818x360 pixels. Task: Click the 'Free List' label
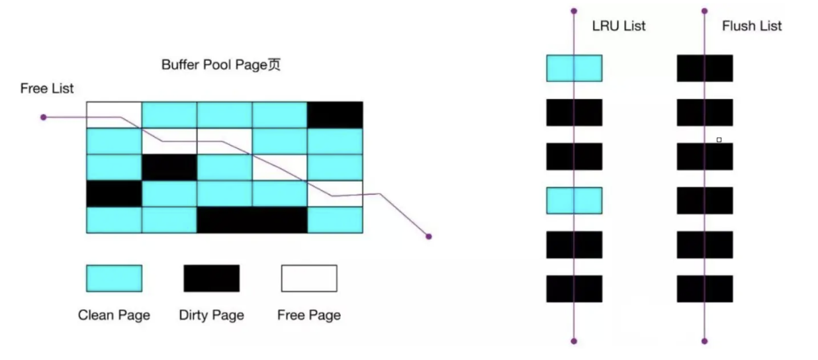(47, 89)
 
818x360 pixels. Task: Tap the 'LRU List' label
(619, 26)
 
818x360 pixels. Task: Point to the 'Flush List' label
(752, 26)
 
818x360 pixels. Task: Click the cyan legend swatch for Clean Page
(114, 278)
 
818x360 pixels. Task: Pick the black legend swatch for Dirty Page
(211, 278)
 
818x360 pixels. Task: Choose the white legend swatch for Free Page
(309, 278)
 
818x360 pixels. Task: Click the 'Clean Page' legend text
(114, 315)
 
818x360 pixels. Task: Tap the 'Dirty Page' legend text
(211, 315)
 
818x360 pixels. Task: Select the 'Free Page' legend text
(309, 315)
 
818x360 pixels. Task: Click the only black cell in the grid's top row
(336, 114)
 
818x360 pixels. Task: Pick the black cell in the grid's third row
(169, 167)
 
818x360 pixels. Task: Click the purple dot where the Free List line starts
(44, 117)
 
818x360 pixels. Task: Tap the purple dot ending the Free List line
(429, 236)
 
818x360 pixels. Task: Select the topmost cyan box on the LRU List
(574, 68)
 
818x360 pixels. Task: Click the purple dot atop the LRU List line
(574, 11)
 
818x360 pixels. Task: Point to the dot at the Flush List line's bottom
(704, 341)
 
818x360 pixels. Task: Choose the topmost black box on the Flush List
(704, 68)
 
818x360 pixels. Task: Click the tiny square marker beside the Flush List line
(719, 140)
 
